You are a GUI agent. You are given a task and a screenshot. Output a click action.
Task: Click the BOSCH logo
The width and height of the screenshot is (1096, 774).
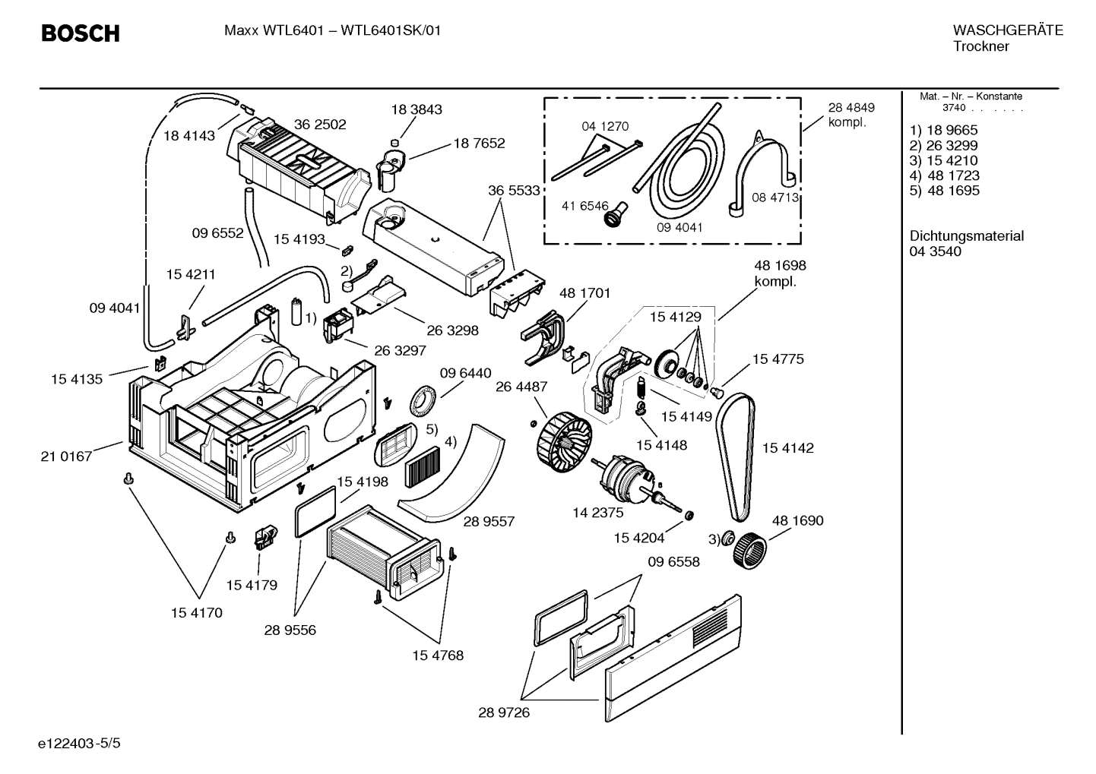pyautogui.click(x=80, y=33)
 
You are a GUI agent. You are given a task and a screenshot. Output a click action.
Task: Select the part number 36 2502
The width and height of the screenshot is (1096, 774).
pyautogui.click(x=320, y=125)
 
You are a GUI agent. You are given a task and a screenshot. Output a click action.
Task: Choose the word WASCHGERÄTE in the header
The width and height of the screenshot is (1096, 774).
pyautogui.click(x=1008, y=30)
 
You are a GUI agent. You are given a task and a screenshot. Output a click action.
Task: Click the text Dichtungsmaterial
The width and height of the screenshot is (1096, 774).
pyautogui.click(x=966, y=236)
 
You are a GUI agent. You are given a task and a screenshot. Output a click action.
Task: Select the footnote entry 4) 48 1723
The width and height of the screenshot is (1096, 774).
pyautogui.click(x=944, y=175)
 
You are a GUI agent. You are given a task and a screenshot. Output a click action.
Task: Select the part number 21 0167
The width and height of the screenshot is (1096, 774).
pyautogui.click(x=66, y=457)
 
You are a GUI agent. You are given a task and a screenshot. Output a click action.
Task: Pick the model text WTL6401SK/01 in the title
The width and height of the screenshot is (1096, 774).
pyautogui.click(x=391, y=30)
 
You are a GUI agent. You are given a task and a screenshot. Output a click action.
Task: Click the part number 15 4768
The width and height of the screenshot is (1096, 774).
pyautogui.click(x=438, y=655)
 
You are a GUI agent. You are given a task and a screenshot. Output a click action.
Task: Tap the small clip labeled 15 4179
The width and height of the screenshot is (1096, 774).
pyautogui.click(x=262, y=538)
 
